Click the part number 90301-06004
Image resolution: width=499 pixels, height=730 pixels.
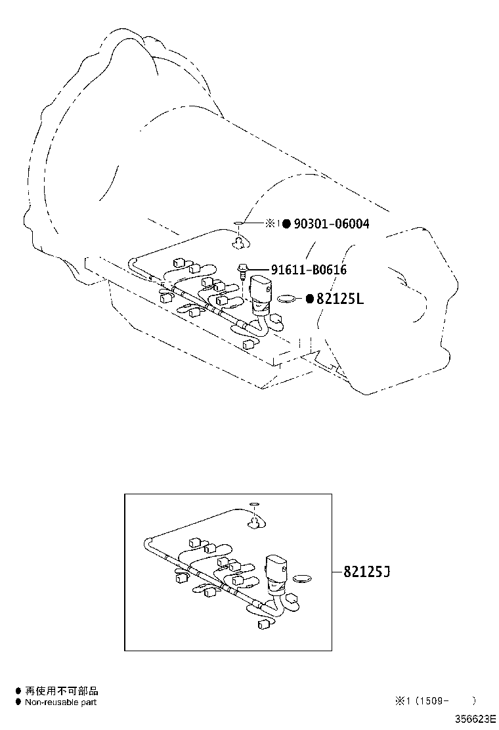pyautogui.click(x=331, y=224)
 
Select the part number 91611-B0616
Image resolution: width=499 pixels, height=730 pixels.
pyautogui.click(x=309, y=270)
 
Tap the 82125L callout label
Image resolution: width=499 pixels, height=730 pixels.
pyautogui.click(x=339, y=299)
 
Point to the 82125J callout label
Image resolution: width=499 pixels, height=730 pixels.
pyautogui.click(x=366, y=572)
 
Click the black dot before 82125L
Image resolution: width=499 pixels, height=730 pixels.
pyautogui.click(x=309, y=299)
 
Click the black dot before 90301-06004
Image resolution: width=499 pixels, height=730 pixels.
pyautogui.click(x=286, y=224)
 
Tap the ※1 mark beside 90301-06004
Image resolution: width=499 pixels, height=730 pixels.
pyautogui.click(x=272, y=224)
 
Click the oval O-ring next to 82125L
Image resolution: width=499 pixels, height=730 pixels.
pyautogui.click(x=286, y=299)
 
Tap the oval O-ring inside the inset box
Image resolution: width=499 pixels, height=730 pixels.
pyautogui.click(x=302, y=580)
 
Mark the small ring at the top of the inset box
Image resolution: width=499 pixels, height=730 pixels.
pyautogui.click(x=254, y=506)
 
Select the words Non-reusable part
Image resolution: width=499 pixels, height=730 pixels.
pyautogui.click(x=60, y=702)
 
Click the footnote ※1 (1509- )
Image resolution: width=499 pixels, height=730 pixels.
pyautogui.click(x=434, y=701)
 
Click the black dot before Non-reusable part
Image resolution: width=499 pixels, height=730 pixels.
pyautogui.click(x=18, y=702)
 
